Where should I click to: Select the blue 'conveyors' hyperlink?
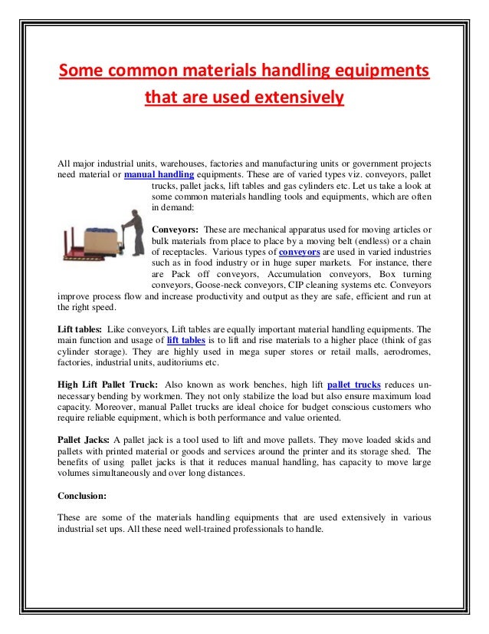point(300,251)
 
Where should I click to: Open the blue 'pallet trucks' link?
point(353,385)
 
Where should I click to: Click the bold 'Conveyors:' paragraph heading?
point(176,229)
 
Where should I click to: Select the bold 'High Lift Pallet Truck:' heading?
point(107,385)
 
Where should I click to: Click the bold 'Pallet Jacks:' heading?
point(84,440)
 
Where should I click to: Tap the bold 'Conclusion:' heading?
point(82,495)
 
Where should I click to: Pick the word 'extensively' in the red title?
point(297,98)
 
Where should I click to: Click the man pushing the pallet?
point(132,233)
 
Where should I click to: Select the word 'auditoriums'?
point(181,362)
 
